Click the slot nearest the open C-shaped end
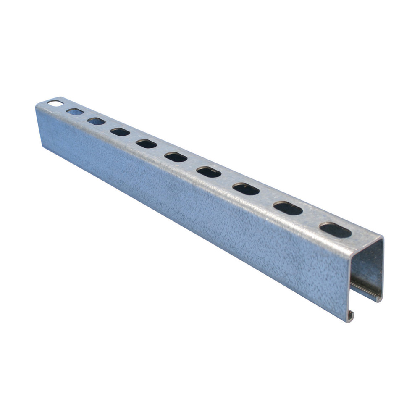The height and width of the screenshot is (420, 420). tap(335, 230)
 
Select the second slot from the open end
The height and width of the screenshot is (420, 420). tap(288, 208)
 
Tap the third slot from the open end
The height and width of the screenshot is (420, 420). tap(246, 189)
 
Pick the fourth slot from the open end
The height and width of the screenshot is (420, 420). tap(209, 172)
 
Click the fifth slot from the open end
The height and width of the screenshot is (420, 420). tap(176, 157)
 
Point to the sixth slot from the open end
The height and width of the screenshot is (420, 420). tap(146, 144)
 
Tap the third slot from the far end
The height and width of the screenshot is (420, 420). tap(96, 121)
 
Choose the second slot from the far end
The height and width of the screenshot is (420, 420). tap(74, 111)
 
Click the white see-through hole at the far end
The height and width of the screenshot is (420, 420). tap(54, 102)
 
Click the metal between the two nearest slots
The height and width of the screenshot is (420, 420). tap(312, 219)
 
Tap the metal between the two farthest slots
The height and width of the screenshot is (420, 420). tap(64, 107)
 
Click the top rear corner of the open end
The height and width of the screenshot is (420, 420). tap(383, 238)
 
